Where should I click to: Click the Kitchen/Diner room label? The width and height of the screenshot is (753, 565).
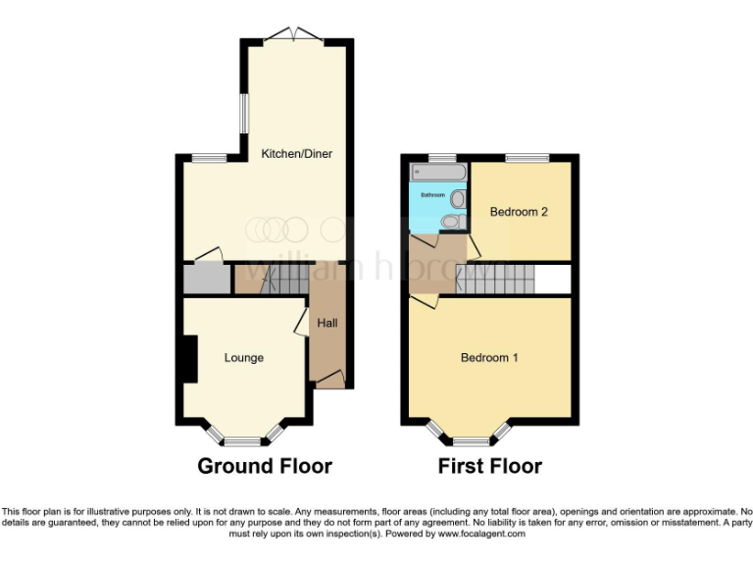pyautogui.click(x=295, y=154)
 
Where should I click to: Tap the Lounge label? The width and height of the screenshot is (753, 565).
pyautogui.click(x=243, y=358)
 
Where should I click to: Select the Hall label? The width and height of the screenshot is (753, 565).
pyautogui.click(x=326, y=322)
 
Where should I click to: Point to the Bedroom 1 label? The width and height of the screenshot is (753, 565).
pyautogui.click(x=489, y=358)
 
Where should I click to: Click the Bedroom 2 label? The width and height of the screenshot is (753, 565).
pyautogui.click(x=519, y=212)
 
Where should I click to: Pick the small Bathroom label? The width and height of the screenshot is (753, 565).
pyautogui.click(x=432, y=195)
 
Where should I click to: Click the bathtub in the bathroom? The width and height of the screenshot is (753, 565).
pyautogui.click(x=437, y=173)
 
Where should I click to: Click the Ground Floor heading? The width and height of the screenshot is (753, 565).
pyautogui.click(x=265, y=466)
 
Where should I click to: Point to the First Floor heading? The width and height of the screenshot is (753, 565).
pyautogui.click(x=489, y=466)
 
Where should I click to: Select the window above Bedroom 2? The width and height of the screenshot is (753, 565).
pyautogui.click(x=527, y=158)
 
